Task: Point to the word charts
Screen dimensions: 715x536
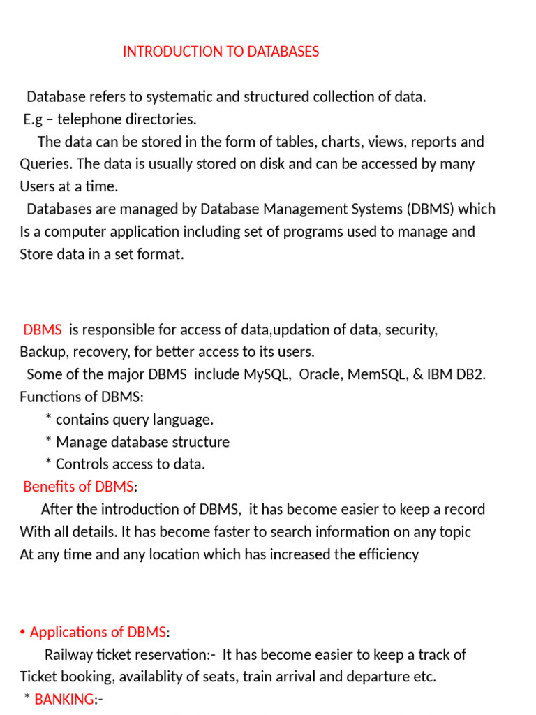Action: [343, 142]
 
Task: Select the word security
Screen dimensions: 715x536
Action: [411, 330]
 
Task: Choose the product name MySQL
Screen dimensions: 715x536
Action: [267, 374]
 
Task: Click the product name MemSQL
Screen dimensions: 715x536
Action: [380, 374]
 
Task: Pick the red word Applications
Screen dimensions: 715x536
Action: [76, 633]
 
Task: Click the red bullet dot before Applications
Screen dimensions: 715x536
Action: [23, 633]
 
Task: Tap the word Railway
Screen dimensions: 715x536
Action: [69, 655]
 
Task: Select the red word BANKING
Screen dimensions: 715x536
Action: [64, 699]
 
